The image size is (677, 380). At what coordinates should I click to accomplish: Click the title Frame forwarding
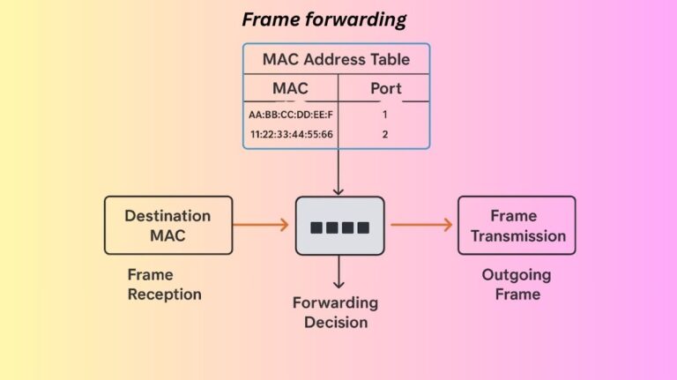324,19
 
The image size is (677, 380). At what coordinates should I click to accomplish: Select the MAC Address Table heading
335,60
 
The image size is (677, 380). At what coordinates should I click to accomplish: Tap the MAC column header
289,88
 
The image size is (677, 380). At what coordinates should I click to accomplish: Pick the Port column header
385,88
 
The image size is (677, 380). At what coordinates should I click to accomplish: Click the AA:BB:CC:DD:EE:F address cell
291,115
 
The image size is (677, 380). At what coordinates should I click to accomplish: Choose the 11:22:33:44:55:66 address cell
291,135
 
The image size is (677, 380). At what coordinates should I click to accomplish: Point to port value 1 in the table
384,115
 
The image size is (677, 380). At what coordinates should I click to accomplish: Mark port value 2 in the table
384,135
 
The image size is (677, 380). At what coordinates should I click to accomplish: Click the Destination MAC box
167,225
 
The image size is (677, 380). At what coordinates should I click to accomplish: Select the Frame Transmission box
516,225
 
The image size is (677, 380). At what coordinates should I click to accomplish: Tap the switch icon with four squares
338,227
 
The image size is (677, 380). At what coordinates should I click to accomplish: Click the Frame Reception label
164,284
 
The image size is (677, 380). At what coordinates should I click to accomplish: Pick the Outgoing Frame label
517,284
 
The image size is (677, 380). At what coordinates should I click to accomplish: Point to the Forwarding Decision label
336,312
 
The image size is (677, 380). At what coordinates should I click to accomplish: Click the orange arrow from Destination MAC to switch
261,225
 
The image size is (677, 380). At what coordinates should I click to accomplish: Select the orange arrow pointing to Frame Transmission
421,225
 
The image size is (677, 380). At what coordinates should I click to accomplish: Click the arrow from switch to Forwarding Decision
338,272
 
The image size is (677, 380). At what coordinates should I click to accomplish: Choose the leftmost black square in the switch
316,227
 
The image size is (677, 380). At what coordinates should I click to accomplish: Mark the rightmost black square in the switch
361,227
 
